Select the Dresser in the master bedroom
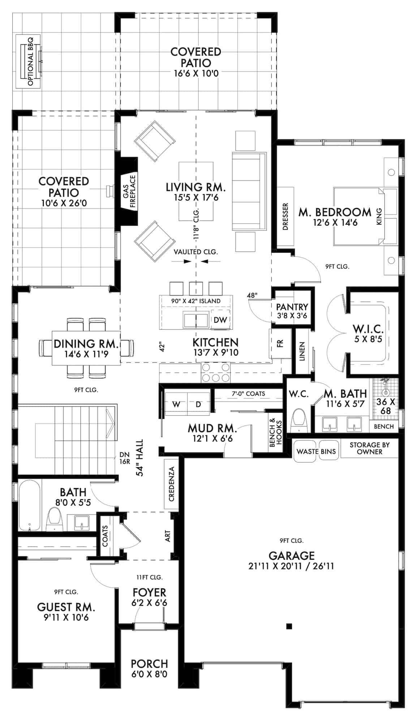point(285,217)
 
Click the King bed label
point(379,217)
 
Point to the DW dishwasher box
point(220,319)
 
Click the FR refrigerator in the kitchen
point(280,343)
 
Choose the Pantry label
point(292,307)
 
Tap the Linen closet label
point(302,351)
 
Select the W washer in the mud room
point(176,404)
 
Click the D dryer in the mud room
point(198,404)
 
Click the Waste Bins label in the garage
point(316,451)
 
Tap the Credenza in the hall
point(172,484)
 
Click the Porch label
point(149,664)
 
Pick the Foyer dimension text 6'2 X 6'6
point(149,603)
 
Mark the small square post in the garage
point(289,626)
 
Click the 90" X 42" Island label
point(196,301)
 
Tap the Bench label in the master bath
point(384,426)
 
